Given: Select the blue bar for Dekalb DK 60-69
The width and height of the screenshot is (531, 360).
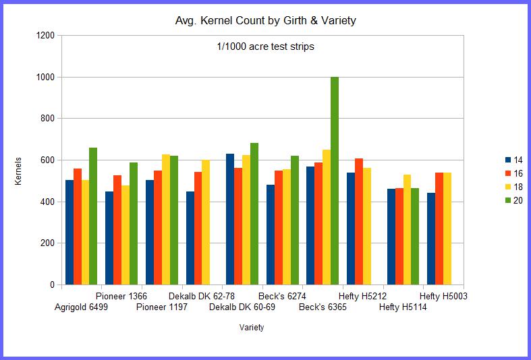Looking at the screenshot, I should (230, 219).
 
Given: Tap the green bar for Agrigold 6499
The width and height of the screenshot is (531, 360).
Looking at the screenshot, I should (93, 216).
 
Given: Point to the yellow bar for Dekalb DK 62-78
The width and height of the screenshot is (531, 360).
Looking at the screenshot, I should (206, 222).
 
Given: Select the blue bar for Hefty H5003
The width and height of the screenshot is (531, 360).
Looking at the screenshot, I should (431, 239).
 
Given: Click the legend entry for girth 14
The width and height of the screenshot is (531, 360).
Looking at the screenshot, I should (513, 160).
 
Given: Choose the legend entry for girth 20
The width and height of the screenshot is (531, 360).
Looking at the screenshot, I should (513, 200).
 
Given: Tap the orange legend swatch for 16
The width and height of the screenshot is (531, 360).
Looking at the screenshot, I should (507, 173).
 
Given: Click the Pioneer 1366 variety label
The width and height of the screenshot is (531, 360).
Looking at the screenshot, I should (121, 296).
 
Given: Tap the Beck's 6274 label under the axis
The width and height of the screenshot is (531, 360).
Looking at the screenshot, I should (283, 296).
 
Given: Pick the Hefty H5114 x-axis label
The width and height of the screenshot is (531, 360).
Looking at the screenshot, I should (403, 307).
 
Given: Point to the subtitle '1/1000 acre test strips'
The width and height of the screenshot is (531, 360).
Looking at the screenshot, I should (261, 47).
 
